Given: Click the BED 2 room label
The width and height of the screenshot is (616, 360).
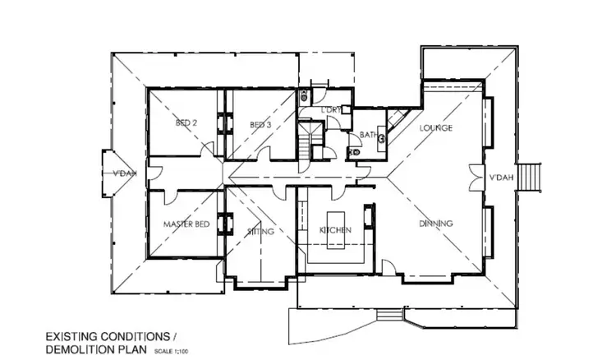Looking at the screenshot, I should click(x=186, y=124).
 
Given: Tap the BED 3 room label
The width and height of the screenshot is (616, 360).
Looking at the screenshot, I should click(x=260, y=125).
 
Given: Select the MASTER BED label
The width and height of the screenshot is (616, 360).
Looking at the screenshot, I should click(x=186, y=224).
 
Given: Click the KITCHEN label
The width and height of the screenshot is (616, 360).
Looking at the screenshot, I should click(x=335, y=231).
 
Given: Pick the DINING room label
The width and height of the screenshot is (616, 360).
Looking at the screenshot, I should click(x=436, y=224).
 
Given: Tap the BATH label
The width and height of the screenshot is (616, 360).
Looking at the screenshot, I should click(x=366, y=136).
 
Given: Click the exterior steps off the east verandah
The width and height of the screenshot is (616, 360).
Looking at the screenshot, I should click(x=532, y=175).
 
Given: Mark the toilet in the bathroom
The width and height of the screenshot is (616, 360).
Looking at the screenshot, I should click(x=354, y=152).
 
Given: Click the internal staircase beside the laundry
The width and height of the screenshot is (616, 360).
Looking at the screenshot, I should click(x=310, y=139).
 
